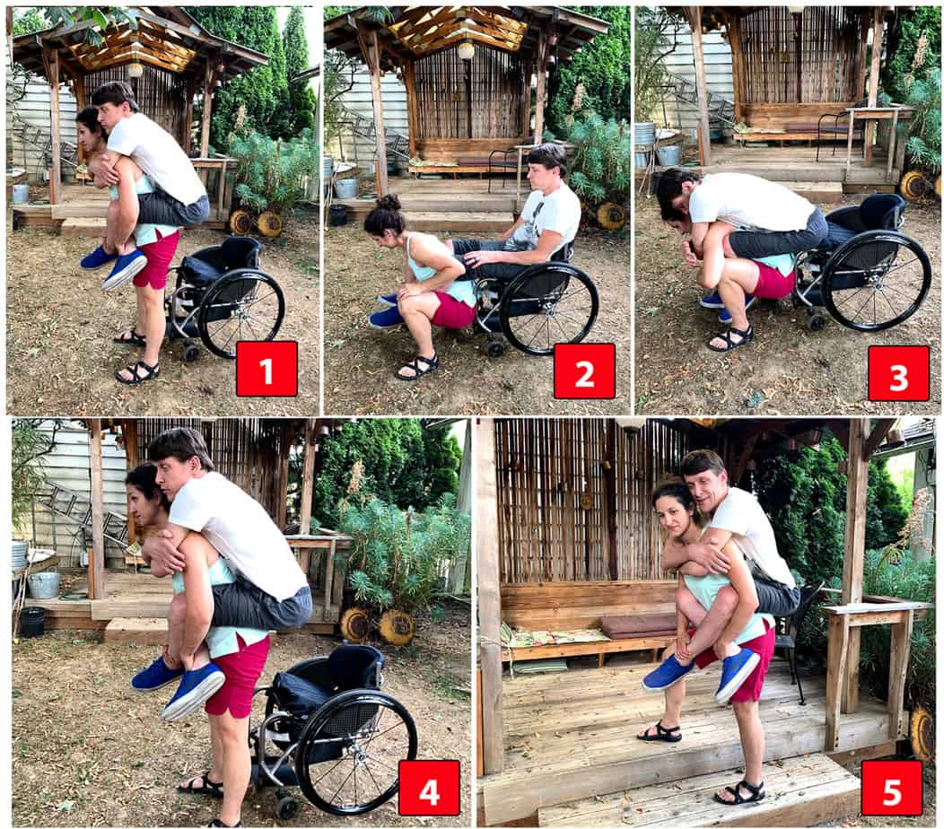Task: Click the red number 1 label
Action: [267, 368]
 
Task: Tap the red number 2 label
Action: [584, 371]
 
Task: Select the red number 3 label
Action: [898, 372]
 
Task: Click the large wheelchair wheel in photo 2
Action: [548, 308]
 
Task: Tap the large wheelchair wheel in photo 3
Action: [875, 280]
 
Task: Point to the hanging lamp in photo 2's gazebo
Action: [466, 50]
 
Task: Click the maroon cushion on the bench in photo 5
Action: [639, 624]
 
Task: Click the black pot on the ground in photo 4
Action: [31, 621]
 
